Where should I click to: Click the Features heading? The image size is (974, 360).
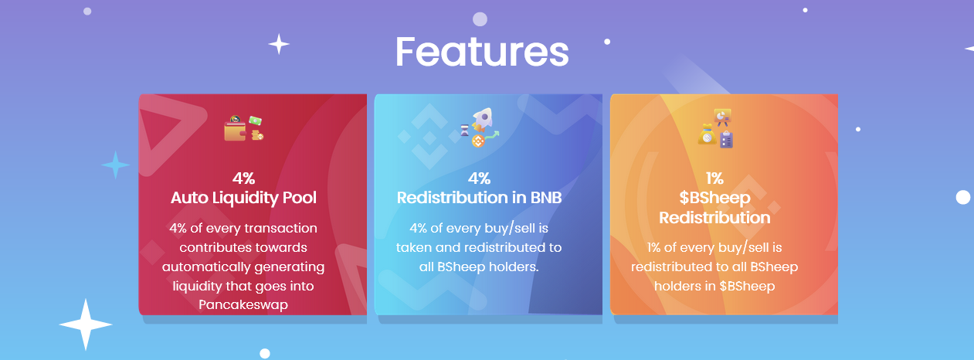tap(482, 52)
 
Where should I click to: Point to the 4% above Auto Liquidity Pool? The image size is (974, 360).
tap(243, 178)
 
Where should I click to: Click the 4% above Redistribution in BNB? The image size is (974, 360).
tap(479, 178)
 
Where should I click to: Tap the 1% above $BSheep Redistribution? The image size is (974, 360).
tap(714, 178)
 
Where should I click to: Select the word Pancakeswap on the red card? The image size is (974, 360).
tap(243, 305)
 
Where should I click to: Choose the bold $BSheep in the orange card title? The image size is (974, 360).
tap(714, 199)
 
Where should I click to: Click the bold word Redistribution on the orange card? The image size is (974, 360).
tap(714, 217)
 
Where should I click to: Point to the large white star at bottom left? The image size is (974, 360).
tap(86, 324)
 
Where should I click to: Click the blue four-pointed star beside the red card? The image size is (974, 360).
tap(115, 165)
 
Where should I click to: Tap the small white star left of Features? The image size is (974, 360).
tap(279, 44)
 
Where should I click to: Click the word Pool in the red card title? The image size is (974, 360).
tap(300, 198)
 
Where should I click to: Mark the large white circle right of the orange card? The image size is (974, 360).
tap(962, 198)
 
